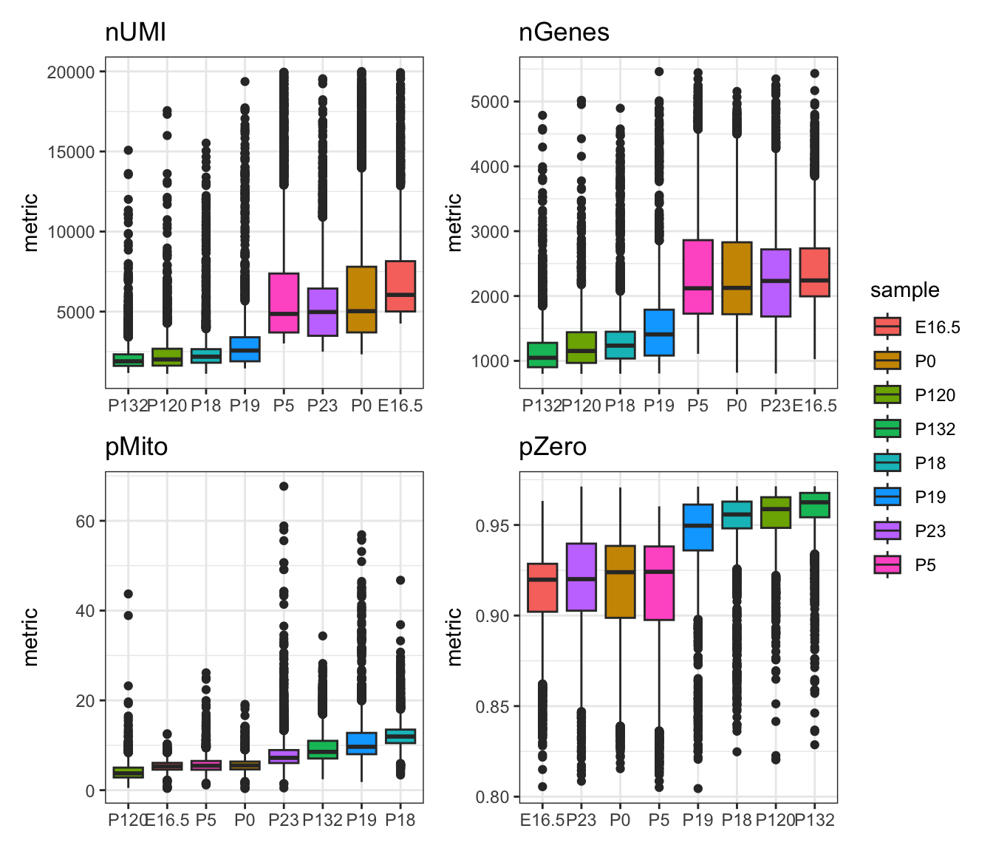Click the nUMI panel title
click(x=135, y=33)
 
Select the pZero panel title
click(x=553, y=447)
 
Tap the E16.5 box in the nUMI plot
click(x=400, y=286)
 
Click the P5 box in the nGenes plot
click(x=697, y=276)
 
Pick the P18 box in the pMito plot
click(x=400, y=736)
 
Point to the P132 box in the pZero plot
click(x=814, y=505)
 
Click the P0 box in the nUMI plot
click(x=361, y=299)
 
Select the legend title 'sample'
click(x=904, y=290)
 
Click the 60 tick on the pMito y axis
click(x=85, y=521)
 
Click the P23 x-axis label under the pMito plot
click(x=284, y=820)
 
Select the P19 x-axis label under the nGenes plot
click(x=659, y=406)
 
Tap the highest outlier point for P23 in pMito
click(x=284, y=486)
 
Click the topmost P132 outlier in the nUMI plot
click(x=128, y=150)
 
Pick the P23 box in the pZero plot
click(x=581, y=577)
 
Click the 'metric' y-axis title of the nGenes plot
click(x=454, y=222)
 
